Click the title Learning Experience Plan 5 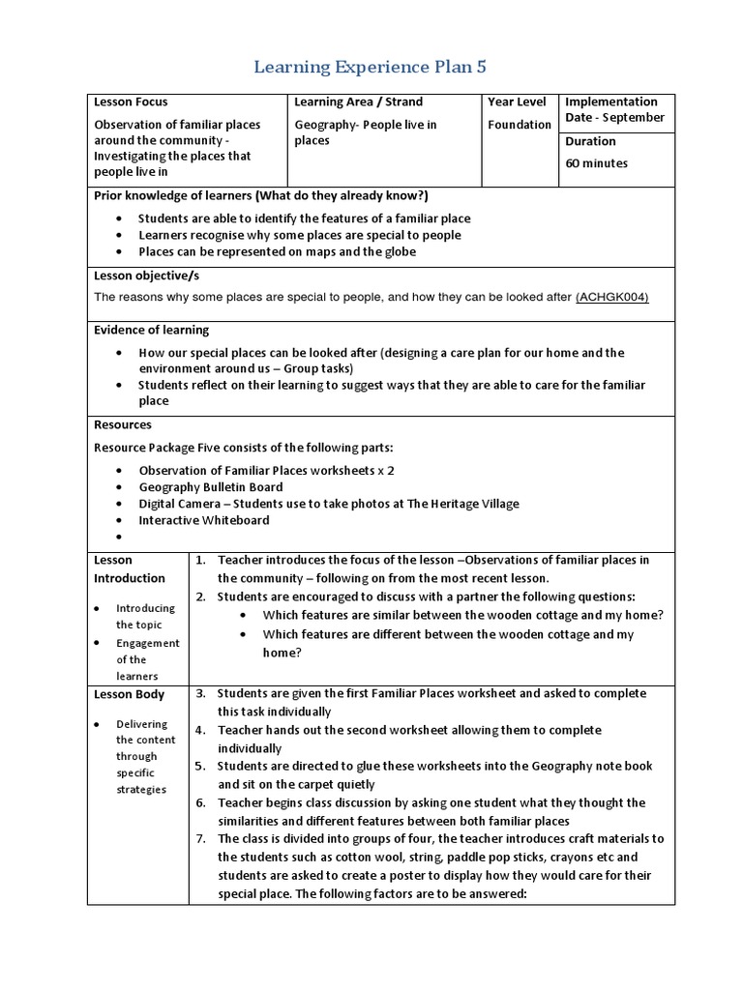tap(371, 67)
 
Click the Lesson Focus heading tap(131, 102)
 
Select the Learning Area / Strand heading tap(358, 102)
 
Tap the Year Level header tap(517, 102)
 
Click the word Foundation tap(520, 125)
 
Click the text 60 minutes tap(596, 163)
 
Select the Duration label tap(592, 141)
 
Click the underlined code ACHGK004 tap(611, 297)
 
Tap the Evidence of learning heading tap(151, 330)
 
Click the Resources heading tap(123, 424)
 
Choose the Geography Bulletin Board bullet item tap(211, 487)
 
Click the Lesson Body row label tap(129, 694)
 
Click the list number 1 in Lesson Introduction tap(201, 560)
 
